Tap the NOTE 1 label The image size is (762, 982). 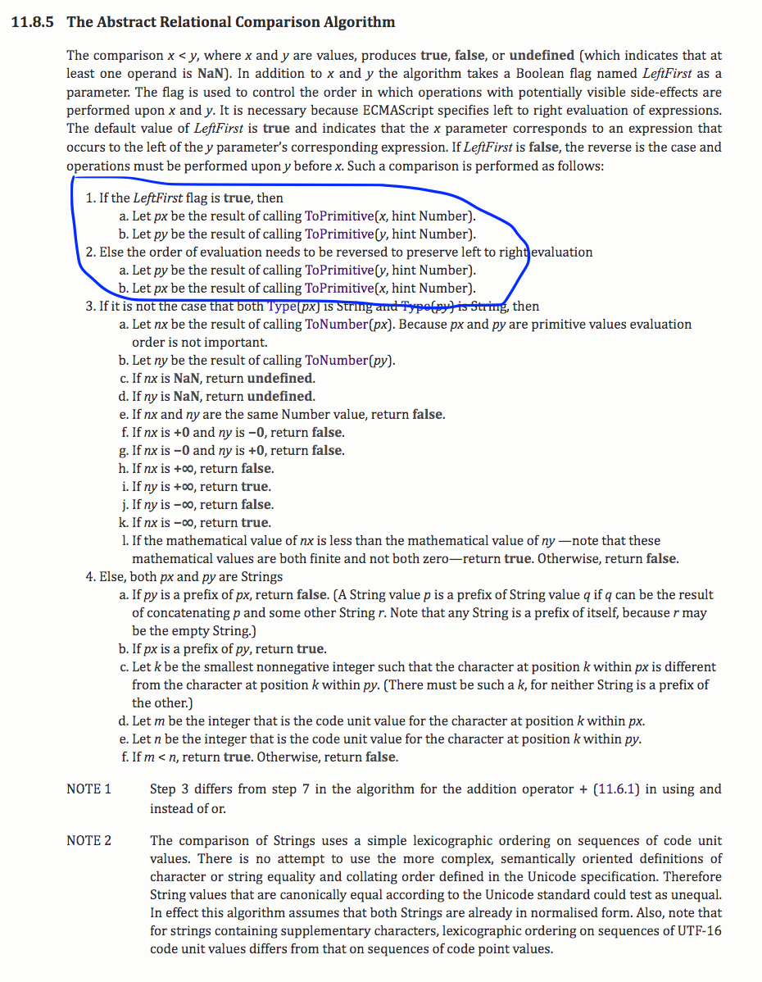tap(88, 789)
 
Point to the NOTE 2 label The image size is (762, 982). tap(88, 841)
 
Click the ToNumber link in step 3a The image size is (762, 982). tap(333, 325)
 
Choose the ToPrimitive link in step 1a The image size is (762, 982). tap(338, 216)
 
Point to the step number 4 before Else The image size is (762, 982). tap(89, 577)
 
